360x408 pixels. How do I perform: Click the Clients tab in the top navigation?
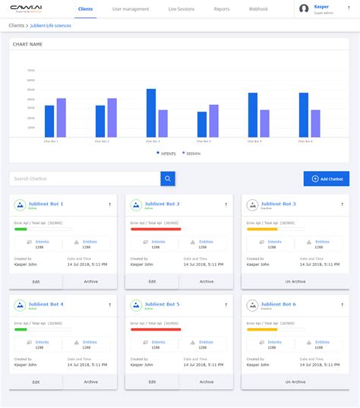[x=86, y=9]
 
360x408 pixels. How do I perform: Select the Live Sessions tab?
[x=182, y=9]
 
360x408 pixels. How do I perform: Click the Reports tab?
[x=222, y=9]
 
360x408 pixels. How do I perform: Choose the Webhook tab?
[x=257, y=9]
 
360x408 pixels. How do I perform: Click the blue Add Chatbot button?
[x=327, y=179]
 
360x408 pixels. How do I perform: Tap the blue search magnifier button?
[x=168, y=179]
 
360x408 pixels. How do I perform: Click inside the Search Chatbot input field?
[x=84, y=179]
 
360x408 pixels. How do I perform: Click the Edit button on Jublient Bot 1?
[x=36, y=281]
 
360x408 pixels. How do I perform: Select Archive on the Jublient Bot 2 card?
[x=207, y=281]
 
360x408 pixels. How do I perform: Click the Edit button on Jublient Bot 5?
[x=152, y=381]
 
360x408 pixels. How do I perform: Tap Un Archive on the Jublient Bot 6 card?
[x=295, y=381]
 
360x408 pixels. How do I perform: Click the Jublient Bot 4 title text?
[x=46, y=304]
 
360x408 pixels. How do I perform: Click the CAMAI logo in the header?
[x=27, y=9]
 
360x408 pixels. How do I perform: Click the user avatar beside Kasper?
[x=305, y=9]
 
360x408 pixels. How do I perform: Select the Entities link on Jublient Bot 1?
[x=90, y=242]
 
